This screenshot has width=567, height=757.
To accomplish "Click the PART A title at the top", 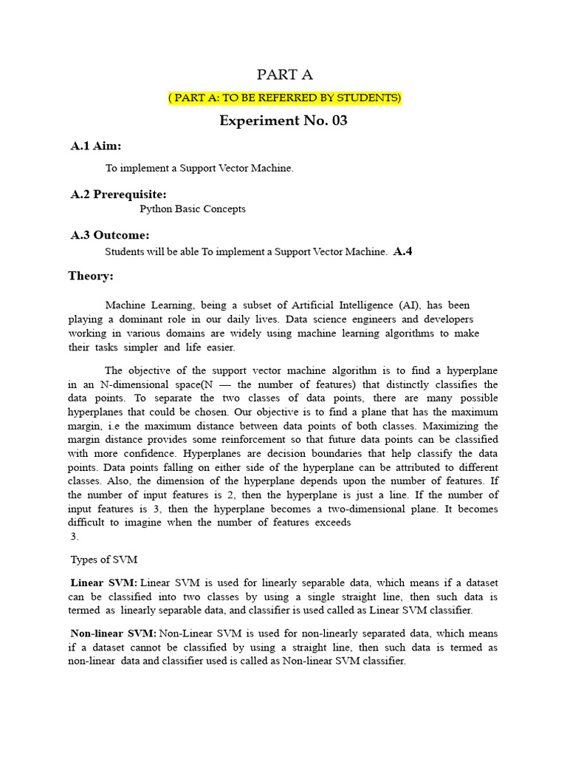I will pyautogui.click(x=284, y=75).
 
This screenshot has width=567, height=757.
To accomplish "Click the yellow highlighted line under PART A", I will pyautogui.click(x=284, y=98).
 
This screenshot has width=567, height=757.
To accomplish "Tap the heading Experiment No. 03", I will pyautogui.click(x=283, y=120).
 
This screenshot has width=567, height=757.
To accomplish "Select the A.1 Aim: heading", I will pyautogui.click(x=95, y=146).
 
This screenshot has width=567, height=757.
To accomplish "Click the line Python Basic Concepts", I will pyautogui.click(x=193, y=209).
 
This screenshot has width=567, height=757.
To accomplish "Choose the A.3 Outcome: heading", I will pyautogui.click(x=109, y=235).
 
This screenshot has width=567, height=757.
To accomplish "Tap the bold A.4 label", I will pyautogui.click(x=403, y=251).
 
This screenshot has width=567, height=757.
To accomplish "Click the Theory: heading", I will pyautogui.click(x=91, y=276).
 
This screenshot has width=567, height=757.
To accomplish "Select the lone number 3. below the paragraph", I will pyautogui.click(x=74, y=536).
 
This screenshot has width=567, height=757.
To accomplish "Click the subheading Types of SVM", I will pyautogui.click(x=103, y=559).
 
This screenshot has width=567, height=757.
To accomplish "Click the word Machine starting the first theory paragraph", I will pyautogui.click(x=126, y=305).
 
